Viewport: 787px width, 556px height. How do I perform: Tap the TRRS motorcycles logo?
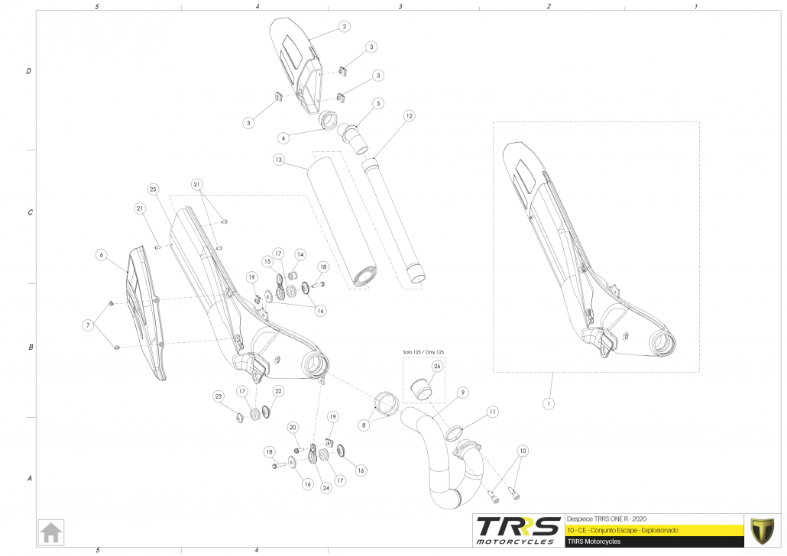coord(516,529)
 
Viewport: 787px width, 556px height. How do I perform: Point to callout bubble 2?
coord(345,27)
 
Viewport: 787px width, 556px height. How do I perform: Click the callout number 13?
coord(279,160)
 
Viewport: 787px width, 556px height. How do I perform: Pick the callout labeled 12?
coord(410,116)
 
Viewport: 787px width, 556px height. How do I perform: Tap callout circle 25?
coord(153,189)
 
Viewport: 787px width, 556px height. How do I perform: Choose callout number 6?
coord(100,254)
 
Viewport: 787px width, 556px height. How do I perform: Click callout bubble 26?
coord(437,367)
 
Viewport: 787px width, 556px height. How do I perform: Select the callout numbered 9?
coord(462,393)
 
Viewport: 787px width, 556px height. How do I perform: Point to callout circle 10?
coord(523,450)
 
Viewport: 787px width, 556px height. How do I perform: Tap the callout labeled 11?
coord(493,412)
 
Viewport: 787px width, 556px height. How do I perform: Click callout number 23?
coord(218,396)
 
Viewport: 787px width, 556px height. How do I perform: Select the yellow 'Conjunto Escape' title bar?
coord(654,529)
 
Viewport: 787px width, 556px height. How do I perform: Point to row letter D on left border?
coord(29,72)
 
